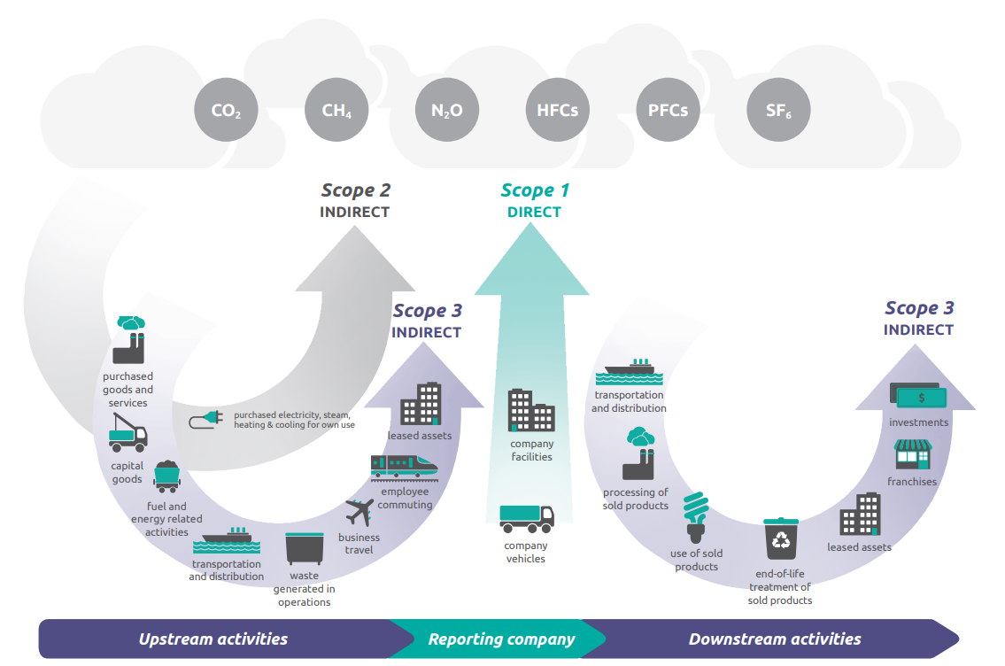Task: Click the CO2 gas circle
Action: [x=226, y=112]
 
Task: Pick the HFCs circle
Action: [x=557, y=111]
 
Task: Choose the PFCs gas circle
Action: [x=668, y=111]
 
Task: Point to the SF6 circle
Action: [x=778, y=112]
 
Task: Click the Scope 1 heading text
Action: [x=535, y=190]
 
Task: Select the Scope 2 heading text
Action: [x=355, y=190]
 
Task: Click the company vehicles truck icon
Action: [x=526, y=518]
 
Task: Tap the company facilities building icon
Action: [x=531, y=411]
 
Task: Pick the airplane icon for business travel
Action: [x=360, y=513]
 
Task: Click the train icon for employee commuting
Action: [x=404, y=467]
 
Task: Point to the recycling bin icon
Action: [x=782, y=539]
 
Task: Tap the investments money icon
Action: [x=918, y=396]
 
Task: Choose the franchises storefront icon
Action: [x=912, y=454]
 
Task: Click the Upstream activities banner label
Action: [x=213, y=639]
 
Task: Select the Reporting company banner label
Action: [x=501, y=639]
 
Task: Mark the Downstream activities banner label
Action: [x=774, y=639]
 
